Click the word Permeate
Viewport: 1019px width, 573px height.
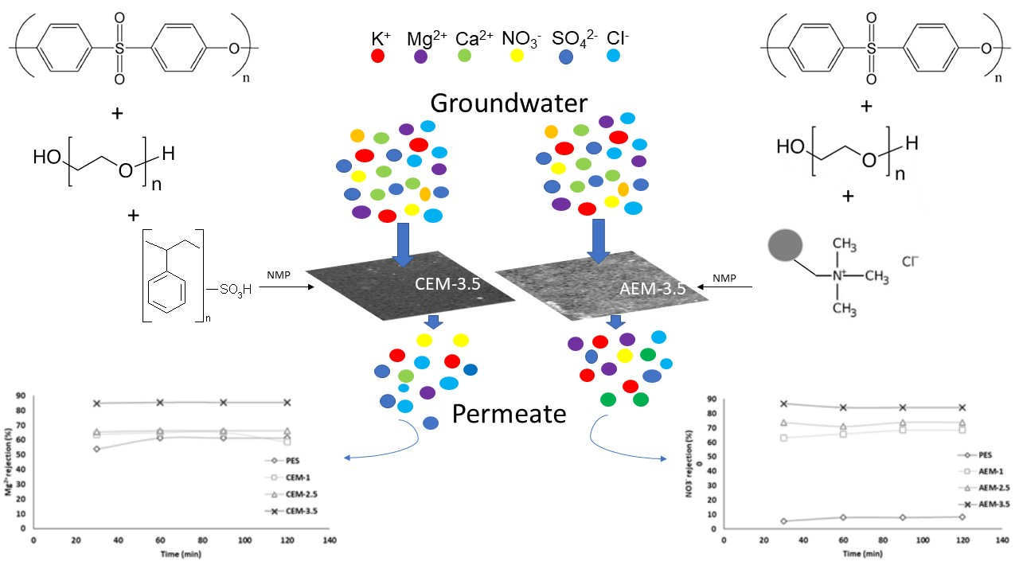click(x=509, y=413)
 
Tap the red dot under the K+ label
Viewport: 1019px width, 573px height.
click(x=378, y=56)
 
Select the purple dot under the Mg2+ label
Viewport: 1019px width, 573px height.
click(x=420, y=57)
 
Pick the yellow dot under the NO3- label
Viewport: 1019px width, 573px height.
click(x=517, y=56)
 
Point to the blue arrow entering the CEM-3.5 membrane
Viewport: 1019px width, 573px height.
click(x=403, y=244)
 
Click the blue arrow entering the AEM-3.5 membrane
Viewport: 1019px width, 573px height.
click(x=598, y=241)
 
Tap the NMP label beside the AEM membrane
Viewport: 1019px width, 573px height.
click(x=725, y=279)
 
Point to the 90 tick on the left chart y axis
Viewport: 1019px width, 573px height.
click(x=21, y=396)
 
